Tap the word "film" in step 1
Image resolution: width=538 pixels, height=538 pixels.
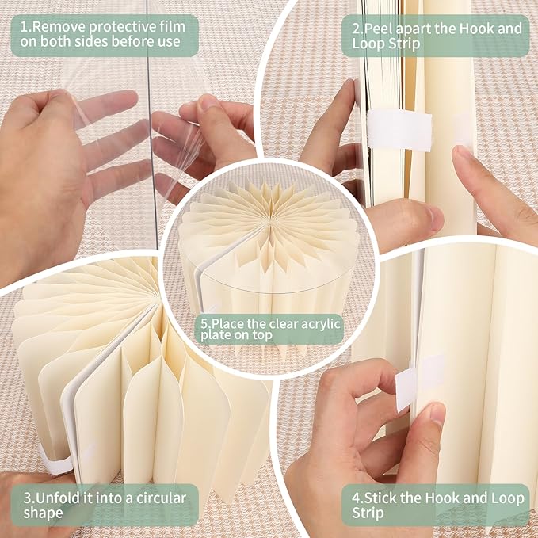[172, 27]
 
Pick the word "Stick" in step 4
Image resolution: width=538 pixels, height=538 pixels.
[384, 498]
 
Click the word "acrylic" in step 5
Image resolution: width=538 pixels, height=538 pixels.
[319, 324]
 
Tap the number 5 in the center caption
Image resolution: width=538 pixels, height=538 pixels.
[204, 324]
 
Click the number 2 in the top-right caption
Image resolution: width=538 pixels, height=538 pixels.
[356, 29]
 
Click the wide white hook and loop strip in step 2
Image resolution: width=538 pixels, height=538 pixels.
[399, 131]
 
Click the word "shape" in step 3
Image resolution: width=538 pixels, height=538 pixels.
[43, 513]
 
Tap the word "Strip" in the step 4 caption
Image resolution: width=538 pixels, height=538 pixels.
[368, 513]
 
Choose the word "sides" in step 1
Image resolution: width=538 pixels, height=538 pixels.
[92, 42]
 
